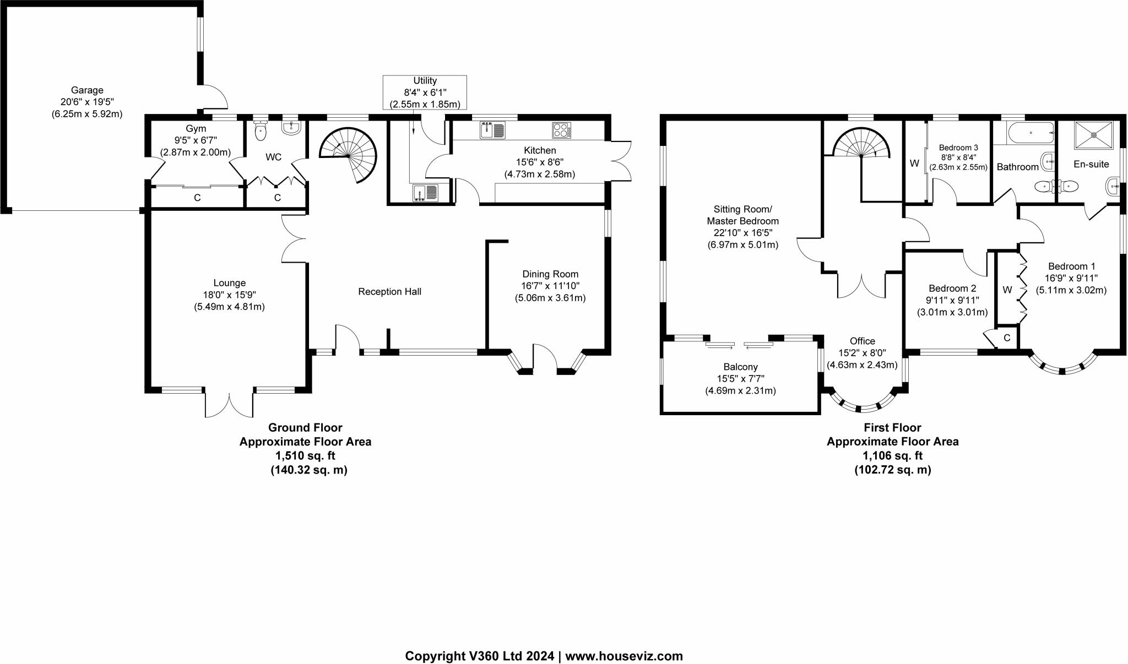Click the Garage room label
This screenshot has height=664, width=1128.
87,90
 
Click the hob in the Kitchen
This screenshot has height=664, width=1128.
561,130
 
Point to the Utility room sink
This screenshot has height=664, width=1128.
425,193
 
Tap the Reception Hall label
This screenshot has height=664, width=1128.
389,292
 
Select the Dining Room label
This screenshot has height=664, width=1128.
550,274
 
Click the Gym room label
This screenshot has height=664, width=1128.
196,129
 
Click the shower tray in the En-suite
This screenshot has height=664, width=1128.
1093,135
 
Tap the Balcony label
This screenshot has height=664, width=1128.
741,367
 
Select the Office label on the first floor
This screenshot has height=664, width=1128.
862,341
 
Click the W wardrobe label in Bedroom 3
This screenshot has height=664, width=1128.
914,164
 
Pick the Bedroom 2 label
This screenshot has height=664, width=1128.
952,289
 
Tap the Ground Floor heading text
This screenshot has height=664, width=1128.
305,428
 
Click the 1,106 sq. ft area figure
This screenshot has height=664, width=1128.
892,456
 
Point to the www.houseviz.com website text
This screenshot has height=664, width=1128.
624,656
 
